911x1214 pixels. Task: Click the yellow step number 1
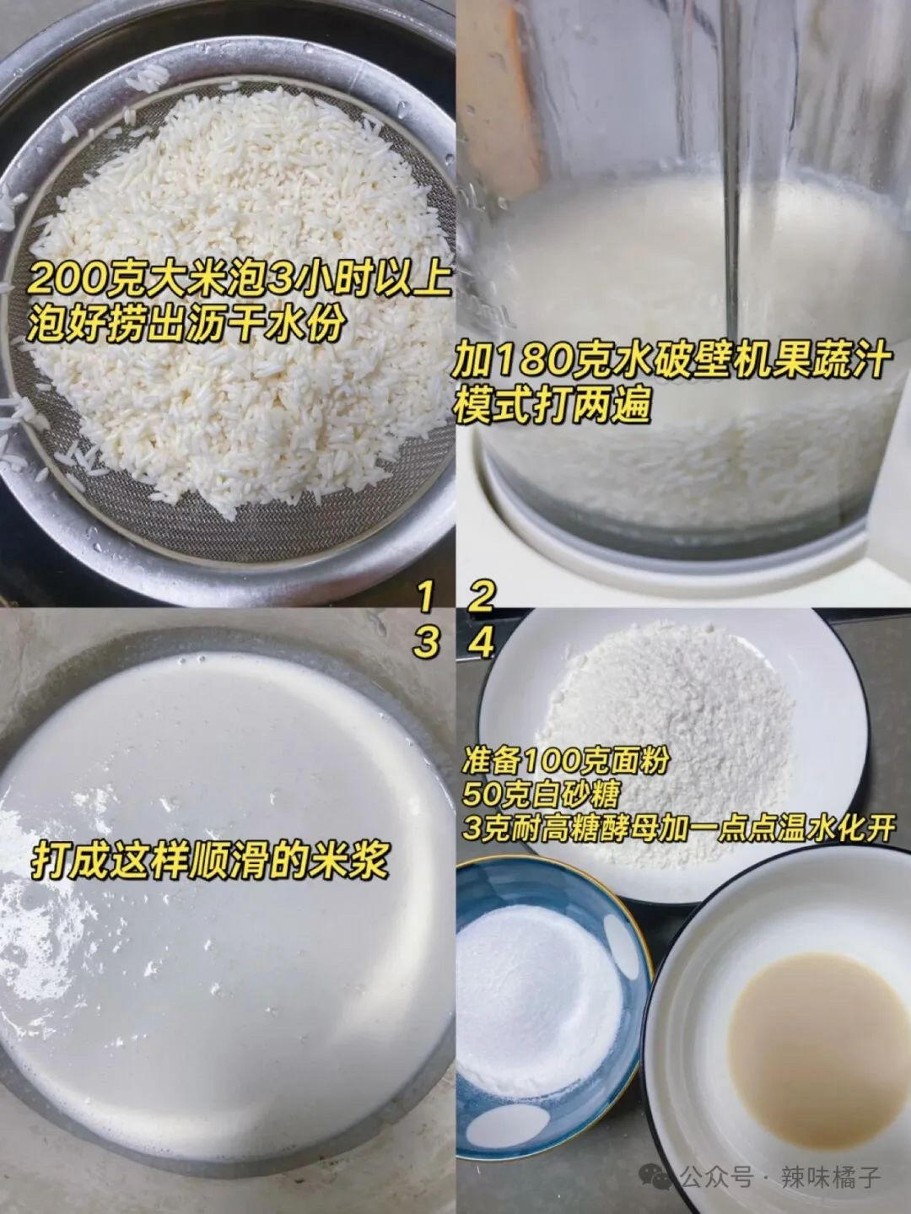click(427, 598)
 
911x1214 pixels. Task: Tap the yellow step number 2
click(481, 598)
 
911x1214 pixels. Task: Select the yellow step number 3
click(427, 644)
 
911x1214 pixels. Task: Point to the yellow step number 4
click(481, 644)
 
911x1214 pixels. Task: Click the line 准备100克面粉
click(565, 761)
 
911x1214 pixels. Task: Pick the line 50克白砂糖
click(540, 794)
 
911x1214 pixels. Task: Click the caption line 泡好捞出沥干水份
click(186, 323)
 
